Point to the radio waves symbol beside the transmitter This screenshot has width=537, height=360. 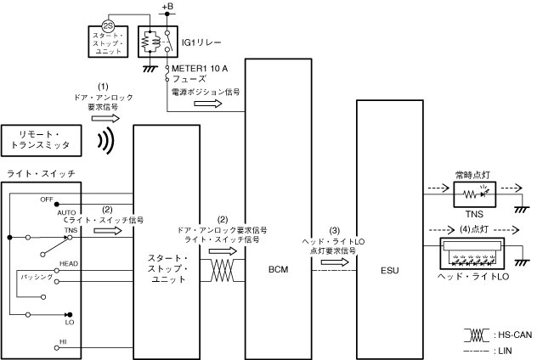[x=105, y=142]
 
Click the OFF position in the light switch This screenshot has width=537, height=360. [x=47, y=198]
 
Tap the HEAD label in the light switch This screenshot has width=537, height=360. [x=69, y=264]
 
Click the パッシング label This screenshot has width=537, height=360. [x=39, y=278]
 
